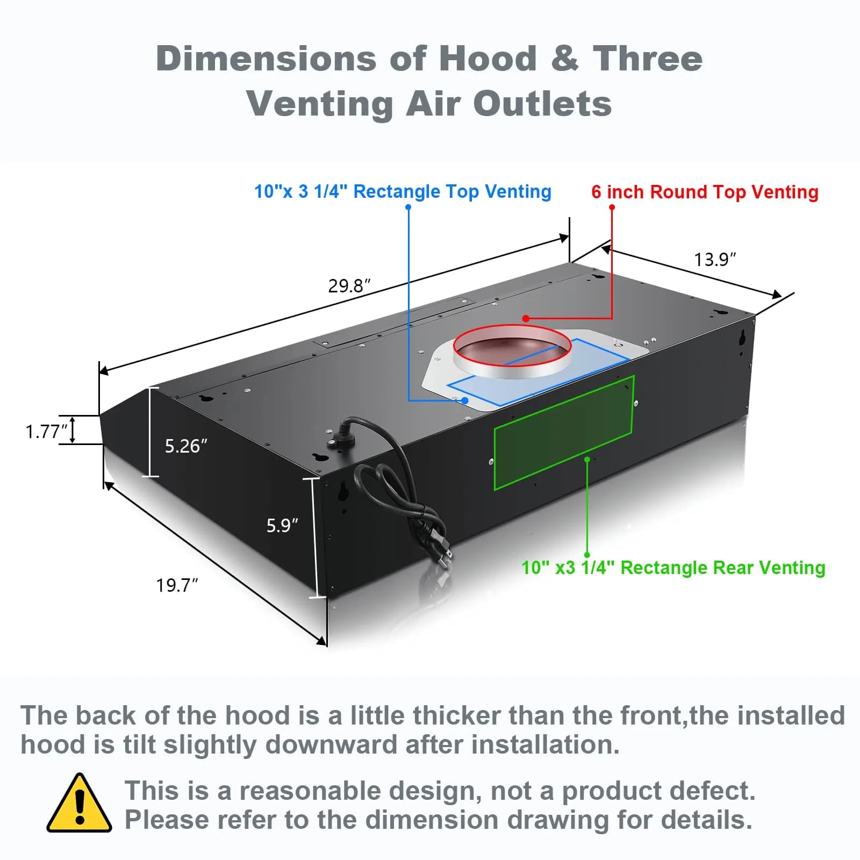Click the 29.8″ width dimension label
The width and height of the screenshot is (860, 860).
pyautogui.click(x=349, y=285)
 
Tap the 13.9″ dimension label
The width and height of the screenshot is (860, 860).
pyautogui.click(x=715, y=260)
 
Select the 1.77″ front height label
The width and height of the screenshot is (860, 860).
pyautogui.click(x=47, y=432)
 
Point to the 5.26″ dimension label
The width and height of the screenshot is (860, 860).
pyautogui.click(x=186, y=446)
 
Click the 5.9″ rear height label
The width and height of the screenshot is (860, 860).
pyautogui.click(x=282, y=525)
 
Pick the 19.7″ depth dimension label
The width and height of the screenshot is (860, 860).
pyautogui.click(x=177, y=585)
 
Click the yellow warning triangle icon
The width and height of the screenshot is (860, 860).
pyautogui.click(x=80, y=803)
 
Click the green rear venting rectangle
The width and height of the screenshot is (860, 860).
pyautogui.click(x=564, y=433)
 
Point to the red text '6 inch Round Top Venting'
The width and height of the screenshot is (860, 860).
pyautogui.click(x=705, y=192)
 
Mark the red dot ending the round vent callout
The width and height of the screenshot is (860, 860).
pyautogui.click(x=526, y=319)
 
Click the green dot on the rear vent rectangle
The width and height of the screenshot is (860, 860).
pyautogui.click(x=587, y=460)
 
